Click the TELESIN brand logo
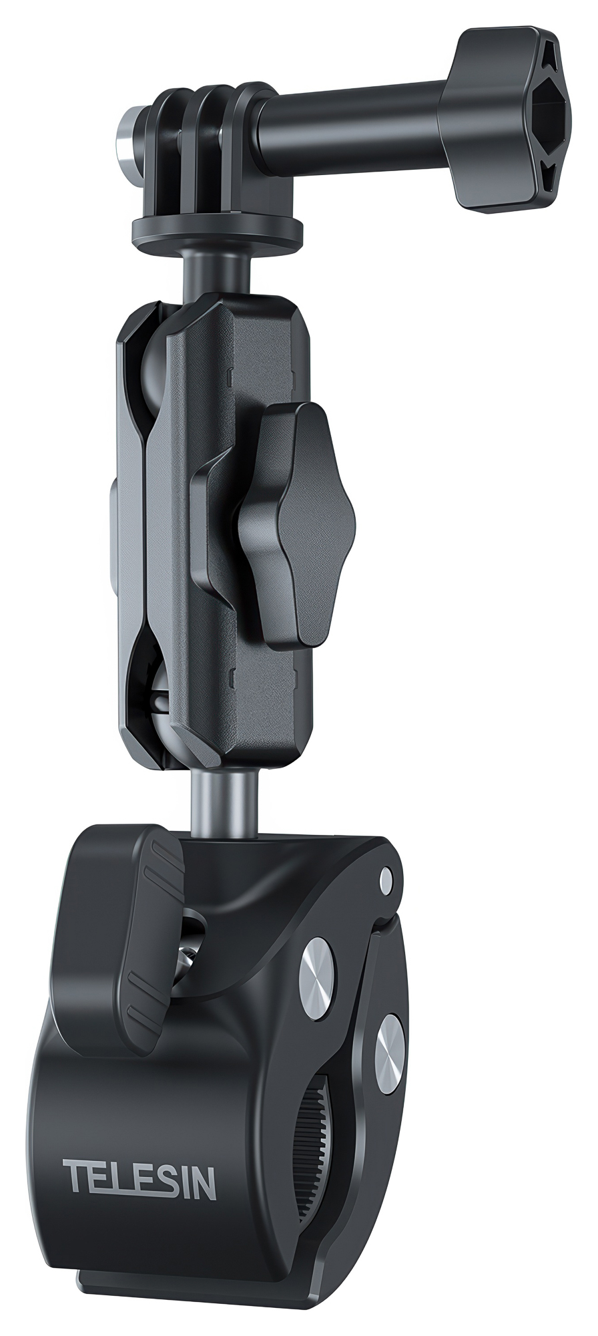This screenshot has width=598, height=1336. pyautogui.click(x=139, y=1180)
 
